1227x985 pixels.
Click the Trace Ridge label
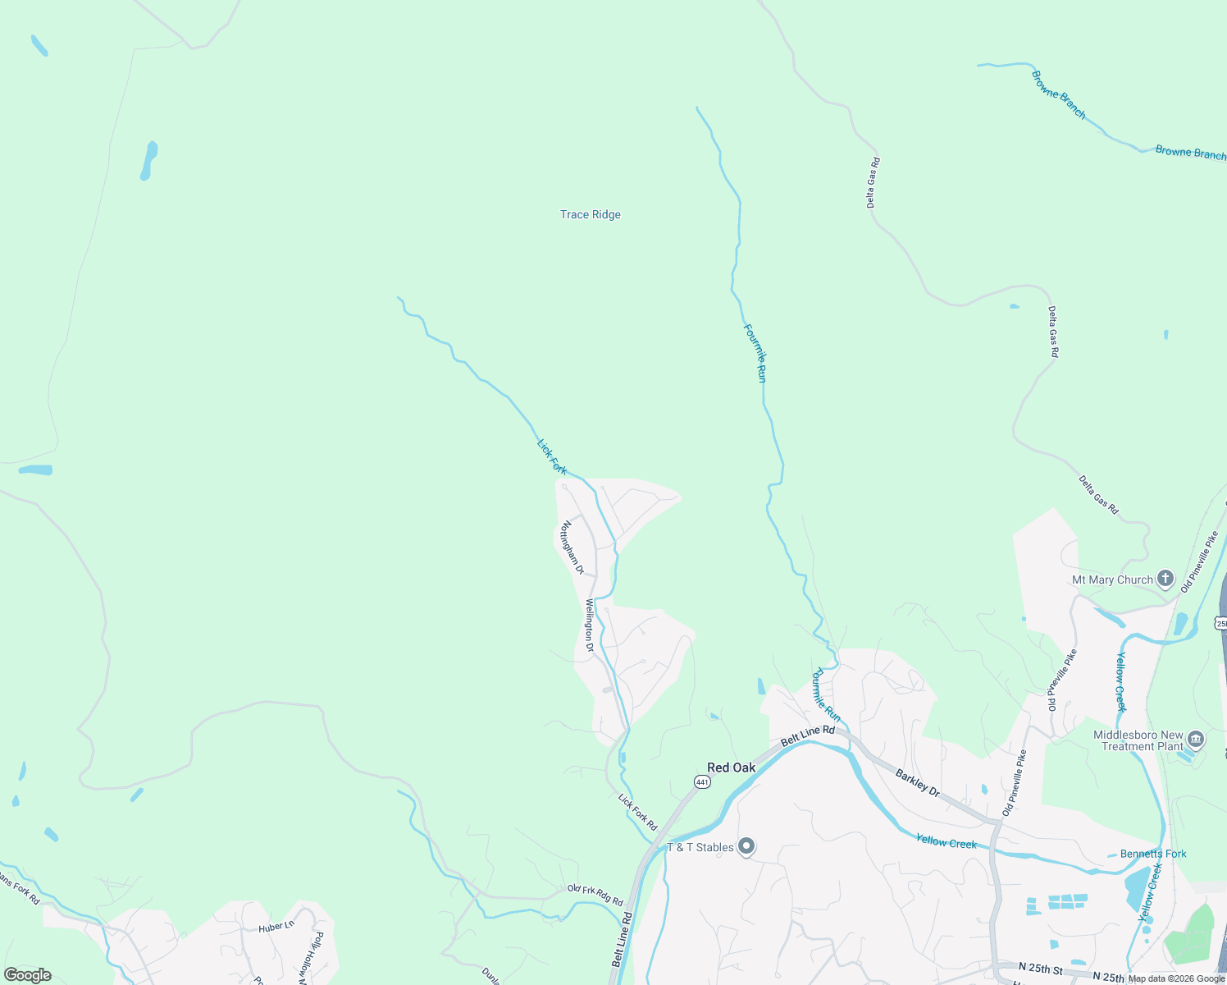click(x=591, y=215)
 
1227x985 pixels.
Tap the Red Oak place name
click(x=731, y=767)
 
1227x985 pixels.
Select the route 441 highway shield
click(x=702, y=782)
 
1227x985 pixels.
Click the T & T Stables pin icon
click(x=746, y=846)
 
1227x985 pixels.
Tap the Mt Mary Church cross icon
click(x=1165, y=579)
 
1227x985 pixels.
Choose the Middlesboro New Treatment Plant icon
click(x=1196, y=740)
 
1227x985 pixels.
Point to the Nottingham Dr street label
click(x=572, y=547)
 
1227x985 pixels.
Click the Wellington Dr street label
click(x=589, y=625)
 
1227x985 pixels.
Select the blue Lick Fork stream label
click(x=552, y=457)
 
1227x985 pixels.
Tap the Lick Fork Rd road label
click(x=637, y=811)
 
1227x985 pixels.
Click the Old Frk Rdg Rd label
click(x=595, y=895)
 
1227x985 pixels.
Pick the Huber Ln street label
click(x=276, y=927)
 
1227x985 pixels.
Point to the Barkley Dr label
click(x=917, y=781)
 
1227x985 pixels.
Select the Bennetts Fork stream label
click(x=1153, y=854)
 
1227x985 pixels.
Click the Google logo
click(x=28, y=975)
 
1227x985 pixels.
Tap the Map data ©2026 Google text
click(x=1176, y=978)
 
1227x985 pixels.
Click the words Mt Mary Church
click(x=1112, y=580)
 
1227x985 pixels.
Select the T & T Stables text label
click(x=700, y=847)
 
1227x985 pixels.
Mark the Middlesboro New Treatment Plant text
click(x=1138, y=740)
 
